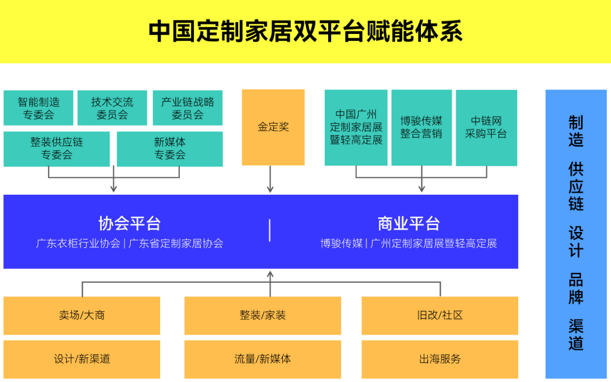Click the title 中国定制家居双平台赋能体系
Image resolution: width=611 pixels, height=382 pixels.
(x=305, y=32)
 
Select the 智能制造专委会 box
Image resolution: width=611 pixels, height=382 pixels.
(x=38, y=108)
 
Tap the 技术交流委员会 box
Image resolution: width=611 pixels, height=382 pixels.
(x=112, y=108)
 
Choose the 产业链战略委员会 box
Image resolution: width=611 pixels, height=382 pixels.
(x=187, y=108)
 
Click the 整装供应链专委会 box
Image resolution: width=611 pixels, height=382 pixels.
(x=57, y=149)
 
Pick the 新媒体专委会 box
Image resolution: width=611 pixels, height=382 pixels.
(x=170, y=149)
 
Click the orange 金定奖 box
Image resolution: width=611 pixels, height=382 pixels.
(x=273, y=127)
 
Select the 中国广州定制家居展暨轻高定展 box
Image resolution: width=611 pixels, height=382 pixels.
(x=356, y=127)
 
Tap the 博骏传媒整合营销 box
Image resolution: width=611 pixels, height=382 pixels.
(x=421, y=127)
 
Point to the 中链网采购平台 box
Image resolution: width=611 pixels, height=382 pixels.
(x=486, y=127)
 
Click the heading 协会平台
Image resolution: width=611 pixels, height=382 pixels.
(x=130, y=224)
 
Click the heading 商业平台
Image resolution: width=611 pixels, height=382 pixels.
(x=408, y=224)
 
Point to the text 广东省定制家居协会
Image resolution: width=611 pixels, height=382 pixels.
(x=176, y=244)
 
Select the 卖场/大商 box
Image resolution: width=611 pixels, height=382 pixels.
(x=82, y=315)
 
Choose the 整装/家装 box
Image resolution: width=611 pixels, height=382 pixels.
(x=263, y=315)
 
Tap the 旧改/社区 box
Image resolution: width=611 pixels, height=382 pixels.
(x=440, y=315)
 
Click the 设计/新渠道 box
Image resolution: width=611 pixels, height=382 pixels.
(x=82, y=359)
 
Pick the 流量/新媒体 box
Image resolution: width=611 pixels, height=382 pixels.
(x=263, y=359)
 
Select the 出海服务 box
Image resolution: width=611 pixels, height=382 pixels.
(x=440, y=359)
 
